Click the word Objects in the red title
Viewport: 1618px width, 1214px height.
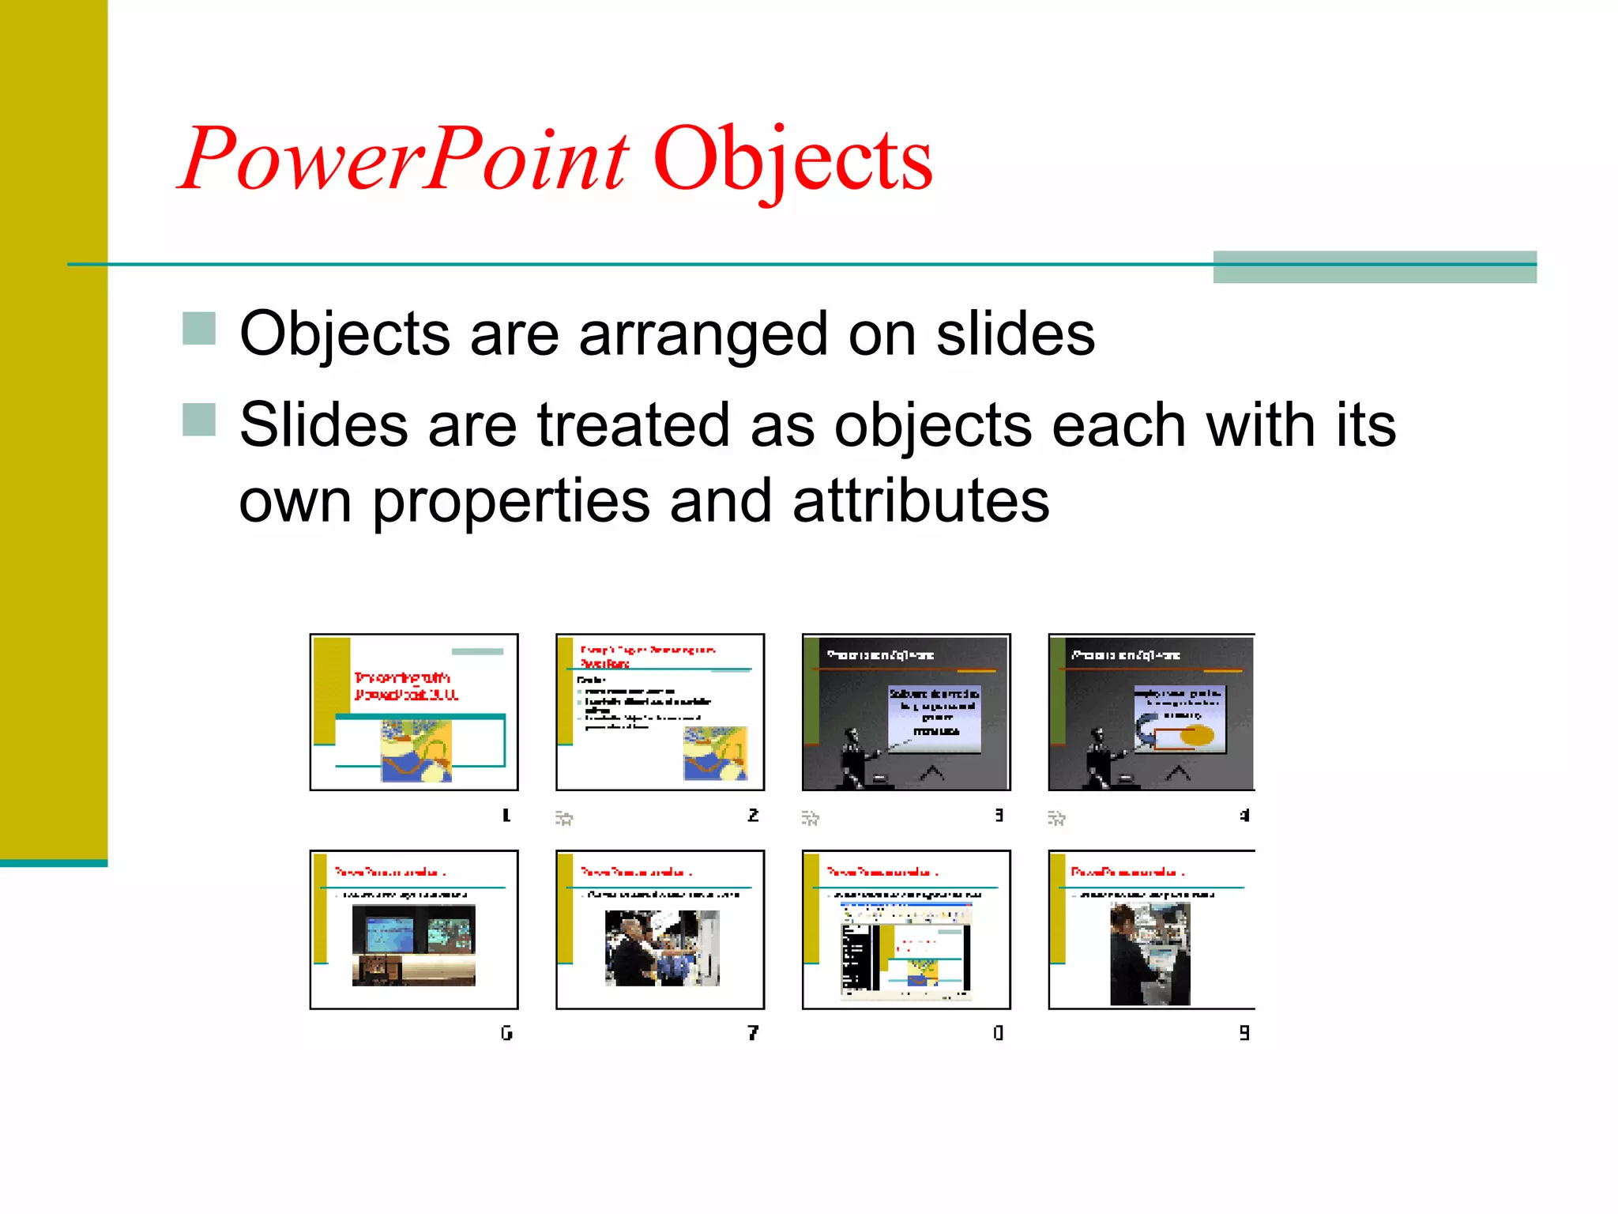click(x=792, y=160)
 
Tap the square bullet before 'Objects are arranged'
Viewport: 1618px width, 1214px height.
click(x=199, y=329)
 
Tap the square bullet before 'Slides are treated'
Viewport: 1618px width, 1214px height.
click(x=199, y=420)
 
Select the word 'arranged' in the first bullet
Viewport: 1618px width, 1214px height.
click(x=703, y=335)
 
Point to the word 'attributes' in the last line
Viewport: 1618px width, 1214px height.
click(x=920, y=501)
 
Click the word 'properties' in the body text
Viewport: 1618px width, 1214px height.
click(x=510, y=503)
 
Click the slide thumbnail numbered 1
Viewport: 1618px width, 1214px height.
click(x=414, y=711)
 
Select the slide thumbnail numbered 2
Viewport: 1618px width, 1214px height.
click(x=660, y=711)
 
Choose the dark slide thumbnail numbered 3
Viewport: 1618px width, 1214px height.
click(x=906, y=711)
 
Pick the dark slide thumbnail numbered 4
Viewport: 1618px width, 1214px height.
click(x=1151, y=711)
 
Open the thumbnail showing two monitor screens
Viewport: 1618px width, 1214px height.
click(x=414, y=929)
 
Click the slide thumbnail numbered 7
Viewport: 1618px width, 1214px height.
click(x=660, y=929)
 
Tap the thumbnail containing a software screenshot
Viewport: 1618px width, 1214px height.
click(x=906, y=929)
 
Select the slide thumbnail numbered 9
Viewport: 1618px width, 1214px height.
click(x=1151, y=929)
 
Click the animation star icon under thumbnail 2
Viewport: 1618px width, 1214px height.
click(x=563, y=818)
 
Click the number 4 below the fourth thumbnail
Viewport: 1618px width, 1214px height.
click(x=1244, y=815)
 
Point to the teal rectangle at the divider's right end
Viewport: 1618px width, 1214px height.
click(x=1375, y=266)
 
